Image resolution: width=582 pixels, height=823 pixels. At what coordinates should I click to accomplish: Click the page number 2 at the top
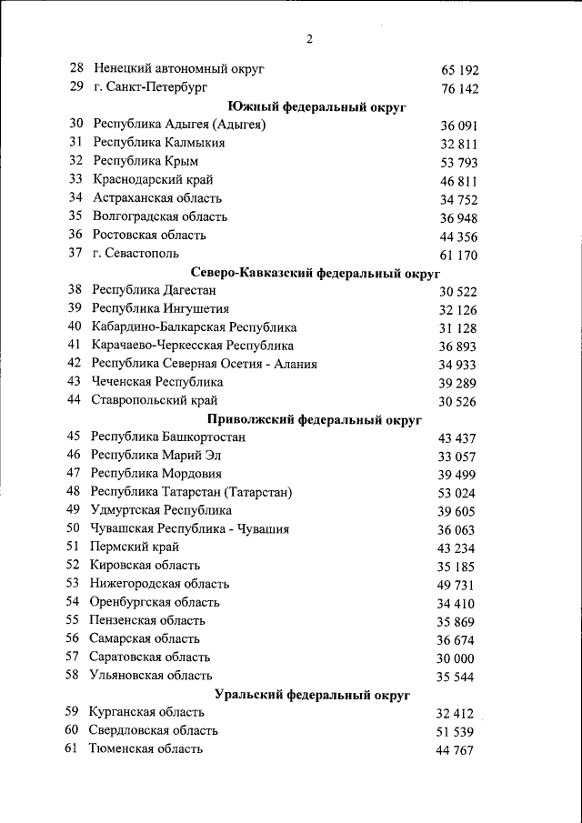click(x=309, y=38)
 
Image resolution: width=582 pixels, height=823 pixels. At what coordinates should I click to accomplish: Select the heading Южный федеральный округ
click(x=316, y=106)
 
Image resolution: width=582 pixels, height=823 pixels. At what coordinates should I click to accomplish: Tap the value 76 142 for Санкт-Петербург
click(x=459, y=89)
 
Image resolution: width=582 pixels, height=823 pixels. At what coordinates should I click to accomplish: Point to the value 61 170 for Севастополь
click(x=458, y=255)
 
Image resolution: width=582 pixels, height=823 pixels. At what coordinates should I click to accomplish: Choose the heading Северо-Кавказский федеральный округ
click(x=316, y=272)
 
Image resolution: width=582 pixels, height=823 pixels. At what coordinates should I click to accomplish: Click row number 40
click(x=75, y=327)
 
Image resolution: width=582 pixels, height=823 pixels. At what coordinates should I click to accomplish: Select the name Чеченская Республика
click(x=157, y=382)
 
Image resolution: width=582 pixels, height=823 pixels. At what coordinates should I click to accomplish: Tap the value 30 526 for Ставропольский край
click(x=457, y=401)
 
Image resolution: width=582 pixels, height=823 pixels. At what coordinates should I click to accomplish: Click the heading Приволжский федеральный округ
click(x=315, y=419)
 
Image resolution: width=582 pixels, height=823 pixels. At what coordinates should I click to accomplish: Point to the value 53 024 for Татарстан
click(x=457, y=493)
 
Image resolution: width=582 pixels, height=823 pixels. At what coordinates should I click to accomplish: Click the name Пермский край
click(x=135, y=547)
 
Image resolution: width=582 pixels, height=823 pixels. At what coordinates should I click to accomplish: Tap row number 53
click(x=73, y=584)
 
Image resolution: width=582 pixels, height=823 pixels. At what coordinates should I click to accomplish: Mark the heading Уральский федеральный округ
click(x=313, y=695)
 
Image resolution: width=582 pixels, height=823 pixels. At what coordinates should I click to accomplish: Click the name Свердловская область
click(x=153, y=730)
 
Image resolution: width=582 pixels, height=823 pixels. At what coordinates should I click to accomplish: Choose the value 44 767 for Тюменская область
click(x=455, y=750)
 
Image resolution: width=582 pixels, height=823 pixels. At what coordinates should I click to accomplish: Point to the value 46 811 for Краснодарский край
click(x=458, y=182)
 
